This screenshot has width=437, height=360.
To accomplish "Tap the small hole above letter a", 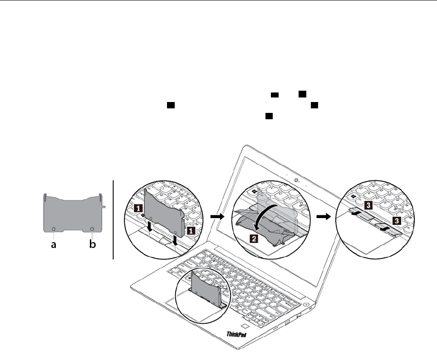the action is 54,229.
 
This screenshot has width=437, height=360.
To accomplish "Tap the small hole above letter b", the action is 92,229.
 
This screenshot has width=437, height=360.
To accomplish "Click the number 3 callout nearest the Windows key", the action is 369,205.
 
